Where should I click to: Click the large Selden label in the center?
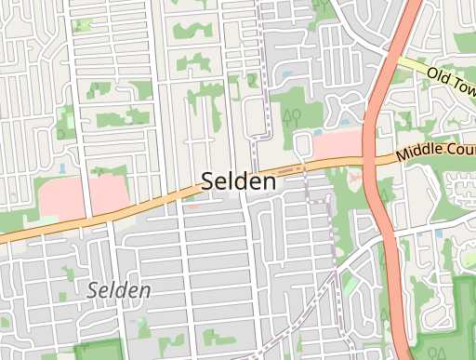pos(239,182)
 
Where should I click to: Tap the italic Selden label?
pos(119,290)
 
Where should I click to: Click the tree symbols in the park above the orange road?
pos(291,115)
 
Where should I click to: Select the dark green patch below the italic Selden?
pos(98,351)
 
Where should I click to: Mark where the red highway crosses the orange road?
pos(375,163)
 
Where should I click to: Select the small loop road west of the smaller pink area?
pos(303,144)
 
